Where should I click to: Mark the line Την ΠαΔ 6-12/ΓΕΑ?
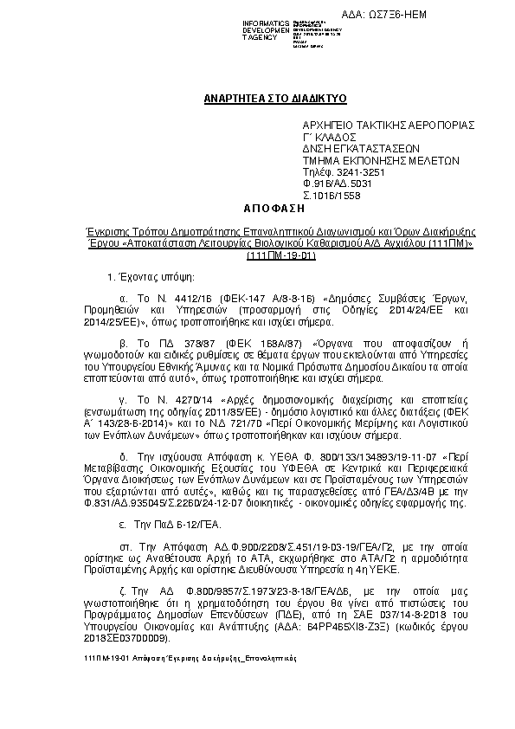168,525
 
